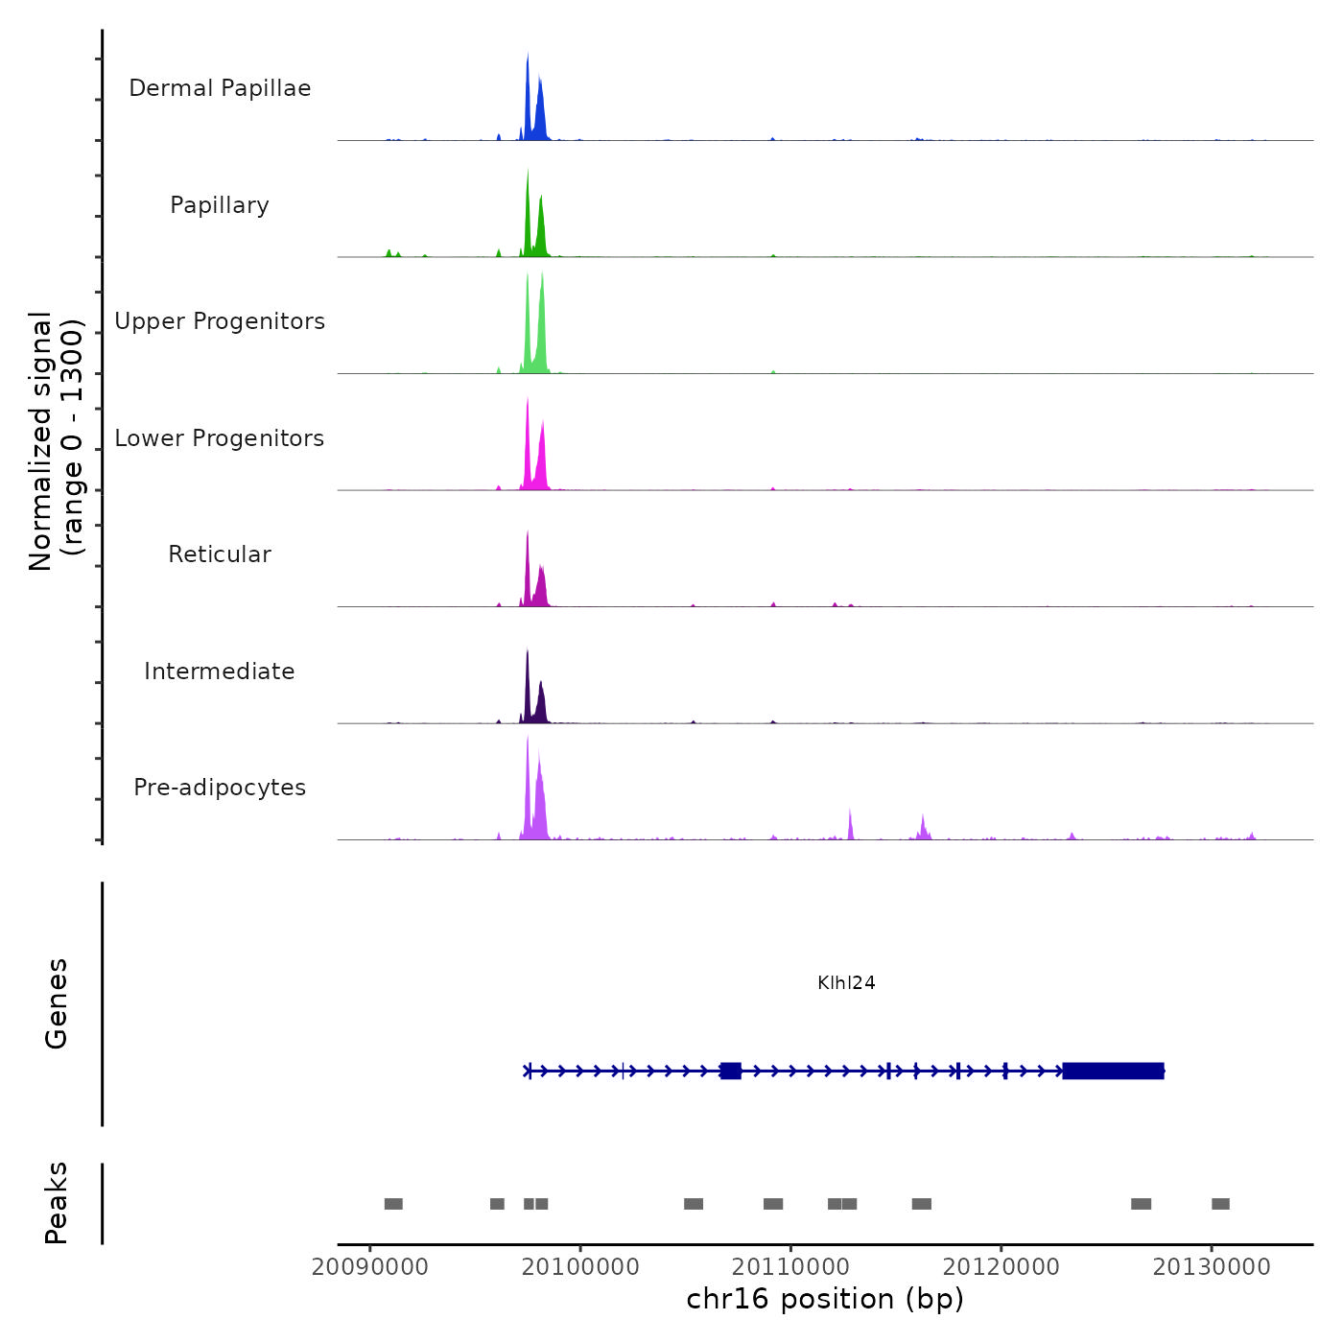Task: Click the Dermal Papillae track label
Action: click(x=220, y=88)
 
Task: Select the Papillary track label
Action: click(x=220, y=205)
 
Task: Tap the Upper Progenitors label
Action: click(x=220, y=321)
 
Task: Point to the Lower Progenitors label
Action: click(x=220, y=438)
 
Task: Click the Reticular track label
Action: click(x=220, y=554)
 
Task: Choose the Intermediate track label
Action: click(x=220, y=671)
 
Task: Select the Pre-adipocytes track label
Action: click(x=220, y=788)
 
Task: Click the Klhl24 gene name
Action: click(x=846, y=982)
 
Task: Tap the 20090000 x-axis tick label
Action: click(x=370, y=1267)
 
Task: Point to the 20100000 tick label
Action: click(x=580, y=1267)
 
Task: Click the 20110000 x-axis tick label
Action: click(x=791, y=1267)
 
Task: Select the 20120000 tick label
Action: click(x=1001, y=1267)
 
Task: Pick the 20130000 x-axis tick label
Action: click(x=1212, y=1267)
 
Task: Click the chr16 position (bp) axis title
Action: click(x=825, y=1299)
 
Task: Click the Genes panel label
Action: click(x=56, y=1003)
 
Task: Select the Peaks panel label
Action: click(x=56, y=1203)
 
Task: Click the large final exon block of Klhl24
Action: click(x=1113, y=1071)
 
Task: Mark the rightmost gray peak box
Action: click(x=1220, y=1204)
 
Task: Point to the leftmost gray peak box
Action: click(x=393, y=1204)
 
